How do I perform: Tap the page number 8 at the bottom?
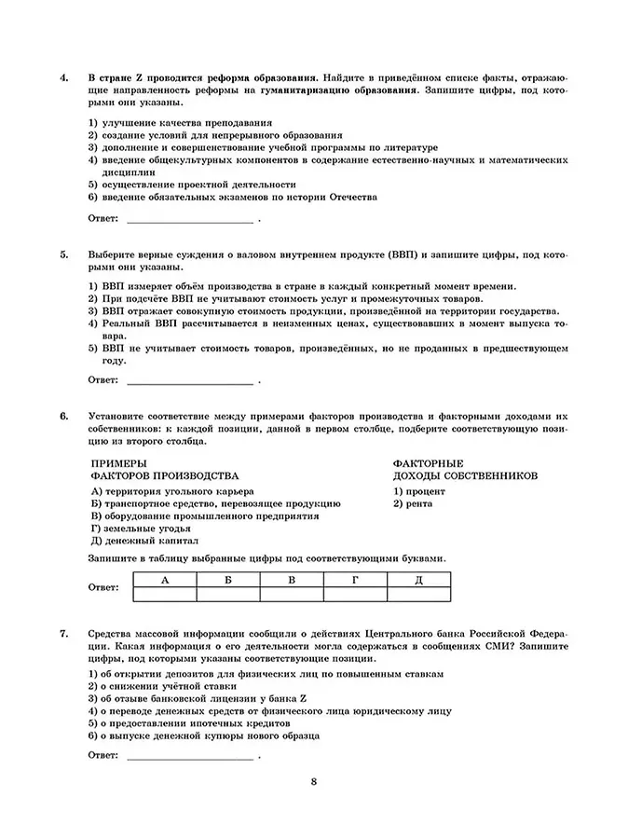pyautogui.click(x=314, y=781)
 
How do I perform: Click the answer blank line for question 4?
pyautogui.click(x=189, y=221)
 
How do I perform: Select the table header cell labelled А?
pyautogui.click(x=165, y=579)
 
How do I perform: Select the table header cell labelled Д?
pyautogui.click(x=418, y=579)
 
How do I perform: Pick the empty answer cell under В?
pyautogui.click(x=292, y=594)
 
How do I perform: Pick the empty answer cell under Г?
pyautogui.click(x=355, y=594)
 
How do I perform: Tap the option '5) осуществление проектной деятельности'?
pyautogui.click(x=182, y=185)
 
